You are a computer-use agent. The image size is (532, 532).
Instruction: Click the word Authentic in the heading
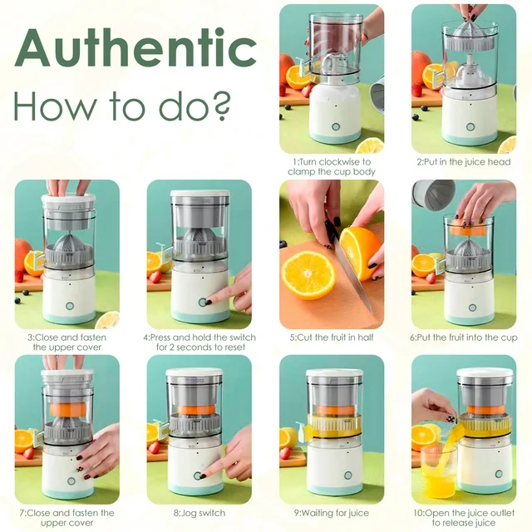pos(135,47)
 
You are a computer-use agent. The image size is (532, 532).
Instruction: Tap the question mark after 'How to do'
pos(221,106)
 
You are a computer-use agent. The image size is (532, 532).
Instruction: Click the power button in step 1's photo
pos(336,127)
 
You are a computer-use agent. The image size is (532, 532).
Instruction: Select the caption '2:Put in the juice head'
pos(464,162)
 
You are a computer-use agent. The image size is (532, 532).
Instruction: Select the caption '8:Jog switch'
pos(199,513)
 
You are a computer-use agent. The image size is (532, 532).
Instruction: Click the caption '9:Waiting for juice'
pos(331,513)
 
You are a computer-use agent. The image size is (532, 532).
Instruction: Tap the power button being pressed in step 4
pos(203,303)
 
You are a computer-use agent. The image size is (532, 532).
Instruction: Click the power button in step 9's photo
pos(347,475)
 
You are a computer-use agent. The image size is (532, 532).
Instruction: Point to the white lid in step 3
pos(68,199)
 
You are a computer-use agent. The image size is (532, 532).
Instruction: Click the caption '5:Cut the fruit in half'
pos(332,337)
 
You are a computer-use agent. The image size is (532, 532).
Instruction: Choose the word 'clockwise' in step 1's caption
pos(340,162)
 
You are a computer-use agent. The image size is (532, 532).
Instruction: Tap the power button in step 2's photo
pos(470,127)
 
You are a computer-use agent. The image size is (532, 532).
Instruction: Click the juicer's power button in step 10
pos(499,474)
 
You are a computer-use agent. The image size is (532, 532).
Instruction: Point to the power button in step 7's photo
pos(71,480)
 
